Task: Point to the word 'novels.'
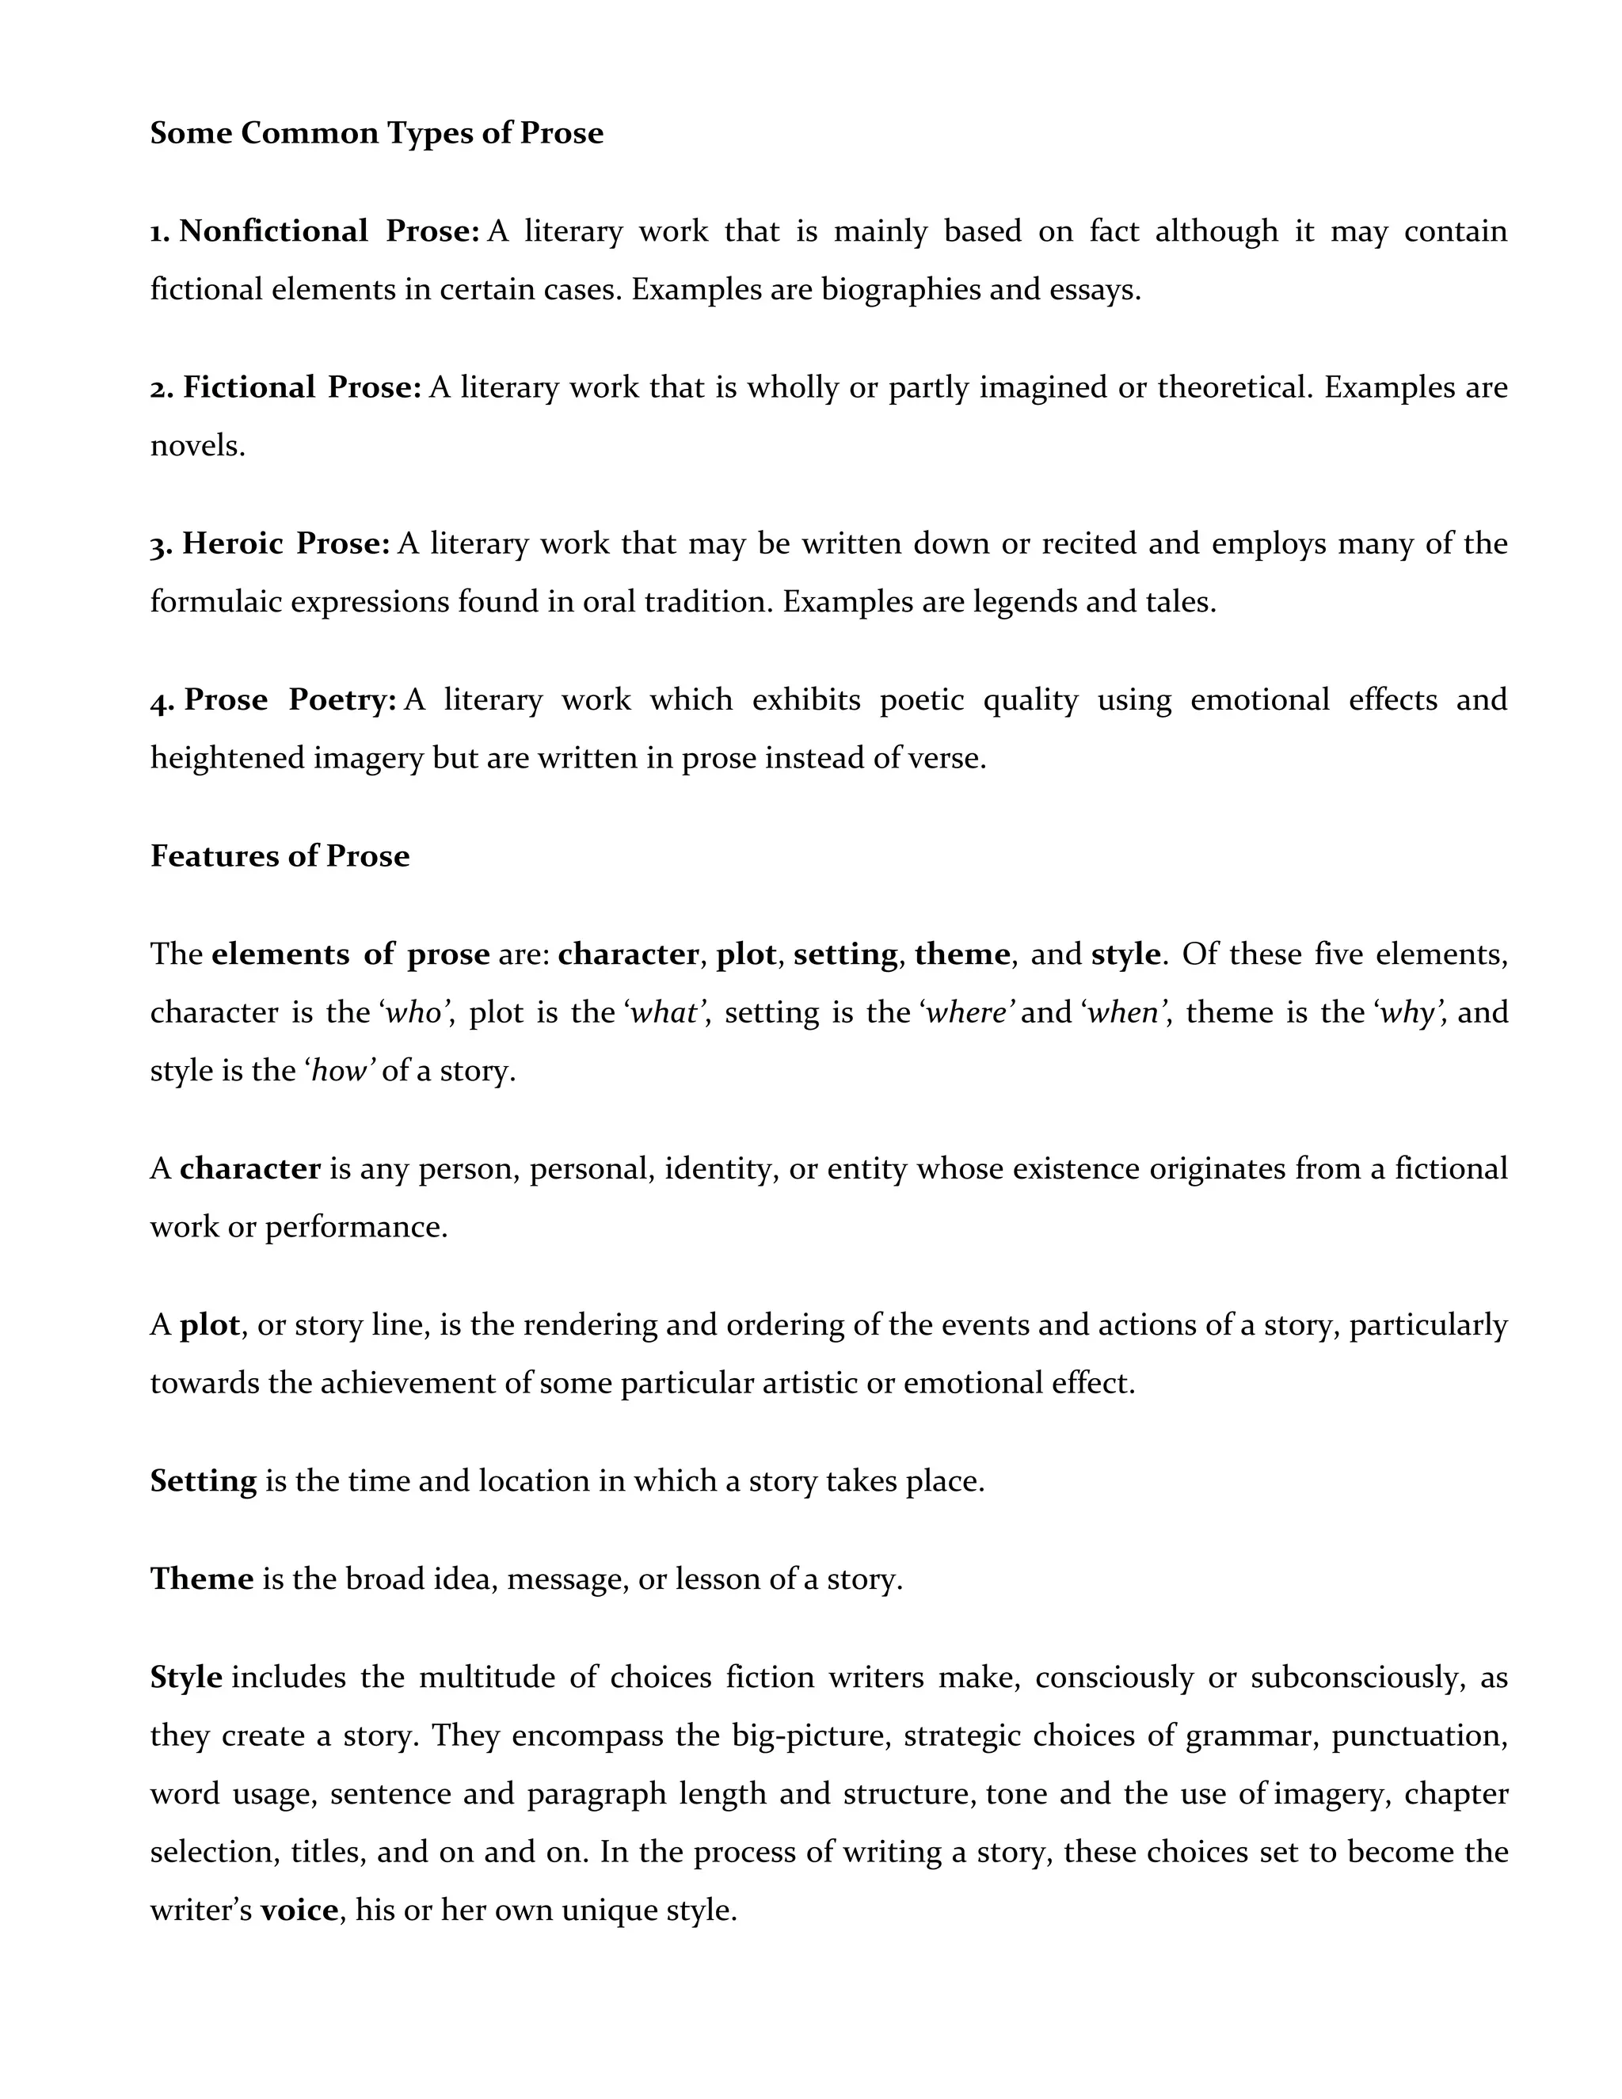tap(197, 446)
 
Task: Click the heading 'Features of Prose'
tap(280, 856)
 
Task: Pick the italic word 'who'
tap(413, 1013)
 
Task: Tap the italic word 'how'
tap(339, 1071)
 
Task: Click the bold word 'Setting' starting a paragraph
tap(204, 1481)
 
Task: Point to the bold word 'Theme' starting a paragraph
tap(202, 1579)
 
